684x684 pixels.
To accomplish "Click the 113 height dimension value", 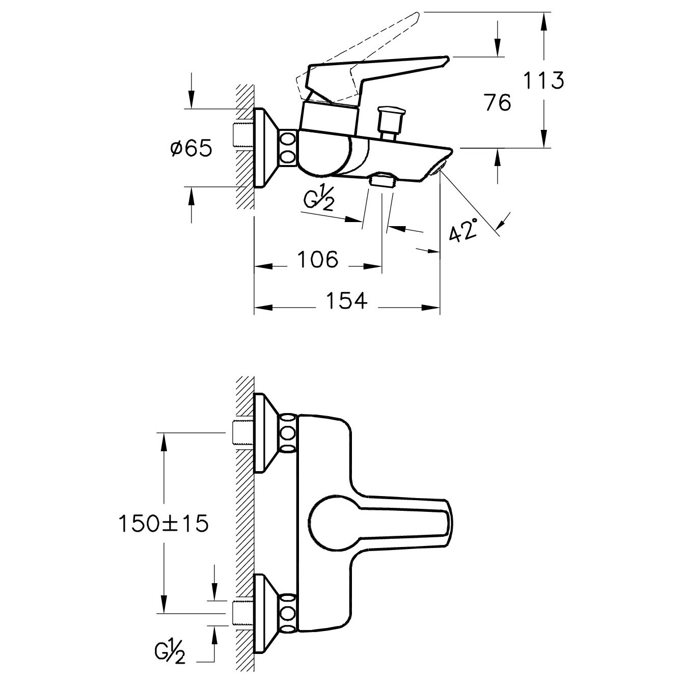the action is coord(544,80).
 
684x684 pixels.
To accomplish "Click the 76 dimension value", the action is coord(498,103).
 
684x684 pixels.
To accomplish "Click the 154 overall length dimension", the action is coord(346,300).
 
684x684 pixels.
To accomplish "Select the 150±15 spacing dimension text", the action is coord(163,524).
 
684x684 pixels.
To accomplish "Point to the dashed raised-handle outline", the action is coord(359,53).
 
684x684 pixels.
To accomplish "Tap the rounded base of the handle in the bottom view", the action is coord(327,523).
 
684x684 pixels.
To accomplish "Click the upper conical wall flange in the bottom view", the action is coord(267,433).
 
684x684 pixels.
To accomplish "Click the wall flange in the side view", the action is coord(267,148).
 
